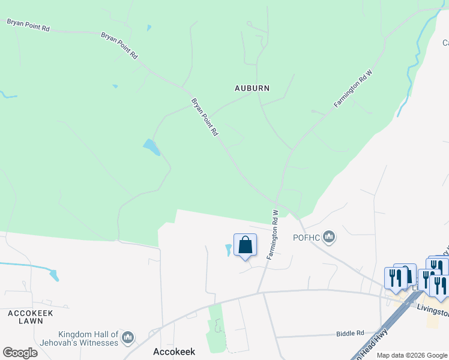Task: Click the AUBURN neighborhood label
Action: (252, 88)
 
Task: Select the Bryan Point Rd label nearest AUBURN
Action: (204, 117)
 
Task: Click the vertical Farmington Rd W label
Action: (272, 235)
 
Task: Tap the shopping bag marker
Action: (245, 245)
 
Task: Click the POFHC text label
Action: (306, 238)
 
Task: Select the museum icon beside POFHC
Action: (329, 238)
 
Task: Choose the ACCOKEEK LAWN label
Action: (31, 317)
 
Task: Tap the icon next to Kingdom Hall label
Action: (127, 339)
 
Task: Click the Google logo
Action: (20, 352)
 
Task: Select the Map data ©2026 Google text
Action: (412, 355)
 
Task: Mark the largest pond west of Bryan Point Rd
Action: (151, 146)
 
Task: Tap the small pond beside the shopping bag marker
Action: (228, 250)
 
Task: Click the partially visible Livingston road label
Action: (432, 311)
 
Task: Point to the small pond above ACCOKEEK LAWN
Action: (55, 275)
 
